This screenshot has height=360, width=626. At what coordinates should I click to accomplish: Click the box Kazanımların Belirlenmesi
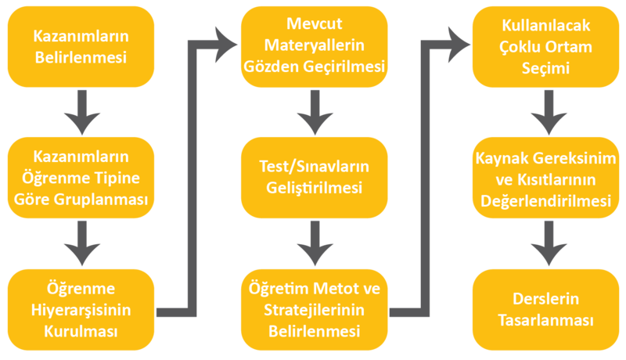pos(81,46)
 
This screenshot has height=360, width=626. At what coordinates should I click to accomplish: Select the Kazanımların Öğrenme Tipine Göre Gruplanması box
pos(81,178)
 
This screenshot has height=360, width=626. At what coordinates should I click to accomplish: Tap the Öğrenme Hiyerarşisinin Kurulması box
pos(81,309)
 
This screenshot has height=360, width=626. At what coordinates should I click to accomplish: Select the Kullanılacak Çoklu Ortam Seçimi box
pos(545,46)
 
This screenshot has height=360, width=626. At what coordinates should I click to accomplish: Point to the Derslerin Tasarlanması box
pos(545,310)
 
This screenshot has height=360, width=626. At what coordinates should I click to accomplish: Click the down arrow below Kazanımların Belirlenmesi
pos(81,110)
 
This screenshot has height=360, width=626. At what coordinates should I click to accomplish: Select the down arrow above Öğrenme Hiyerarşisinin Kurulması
pos(81,243)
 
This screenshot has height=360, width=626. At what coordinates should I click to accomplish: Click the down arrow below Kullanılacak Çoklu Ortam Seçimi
pos(545,110)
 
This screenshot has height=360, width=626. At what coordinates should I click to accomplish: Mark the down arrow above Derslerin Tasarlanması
pos(545,243)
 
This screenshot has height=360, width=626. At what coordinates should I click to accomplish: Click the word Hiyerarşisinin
pos(81,310)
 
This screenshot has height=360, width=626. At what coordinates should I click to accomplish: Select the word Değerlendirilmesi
pos(545,201)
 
